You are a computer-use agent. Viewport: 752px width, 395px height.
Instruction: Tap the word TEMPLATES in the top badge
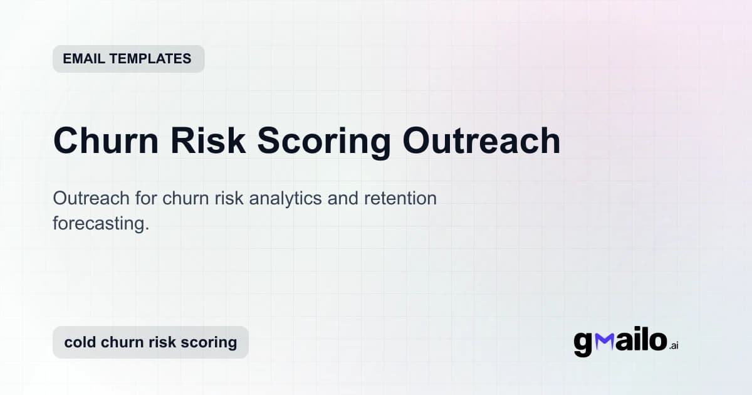(x=150, y=59)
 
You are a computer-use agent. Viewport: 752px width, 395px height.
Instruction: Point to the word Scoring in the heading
(x=323, y=142)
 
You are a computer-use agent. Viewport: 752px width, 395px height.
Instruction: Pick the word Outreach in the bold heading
(x=481, y=140)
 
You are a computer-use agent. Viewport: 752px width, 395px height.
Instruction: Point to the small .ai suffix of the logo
(x=673, y=345)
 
